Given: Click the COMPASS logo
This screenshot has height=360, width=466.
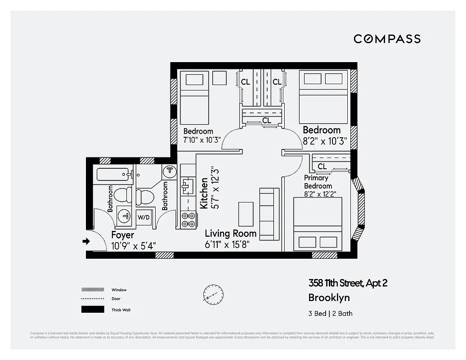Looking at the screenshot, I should pos(387,39).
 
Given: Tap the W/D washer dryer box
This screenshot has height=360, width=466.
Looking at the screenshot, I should pos(144,217).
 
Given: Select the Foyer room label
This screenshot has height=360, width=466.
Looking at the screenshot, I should pos(122,235).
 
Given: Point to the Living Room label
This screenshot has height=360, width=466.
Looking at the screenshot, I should pos(230,234).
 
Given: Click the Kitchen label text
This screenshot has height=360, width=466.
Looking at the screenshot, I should pos(204,193).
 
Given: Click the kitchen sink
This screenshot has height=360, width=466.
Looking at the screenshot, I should pos(187,185).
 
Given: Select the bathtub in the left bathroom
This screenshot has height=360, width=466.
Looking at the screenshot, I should pos(113,174).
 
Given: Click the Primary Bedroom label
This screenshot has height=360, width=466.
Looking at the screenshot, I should pos(318,182).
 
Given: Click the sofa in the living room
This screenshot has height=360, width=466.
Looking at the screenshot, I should pos(269,214).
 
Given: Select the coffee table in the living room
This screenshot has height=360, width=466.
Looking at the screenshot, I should pos(246,214).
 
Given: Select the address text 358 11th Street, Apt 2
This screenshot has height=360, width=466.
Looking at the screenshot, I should pos(348,283).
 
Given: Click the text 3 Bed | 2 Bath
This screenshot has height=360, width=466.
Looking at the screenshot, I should pos(331,314).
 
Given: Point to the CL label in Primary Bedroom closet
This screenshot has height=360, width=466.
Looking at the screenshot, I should pos(322,166).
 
